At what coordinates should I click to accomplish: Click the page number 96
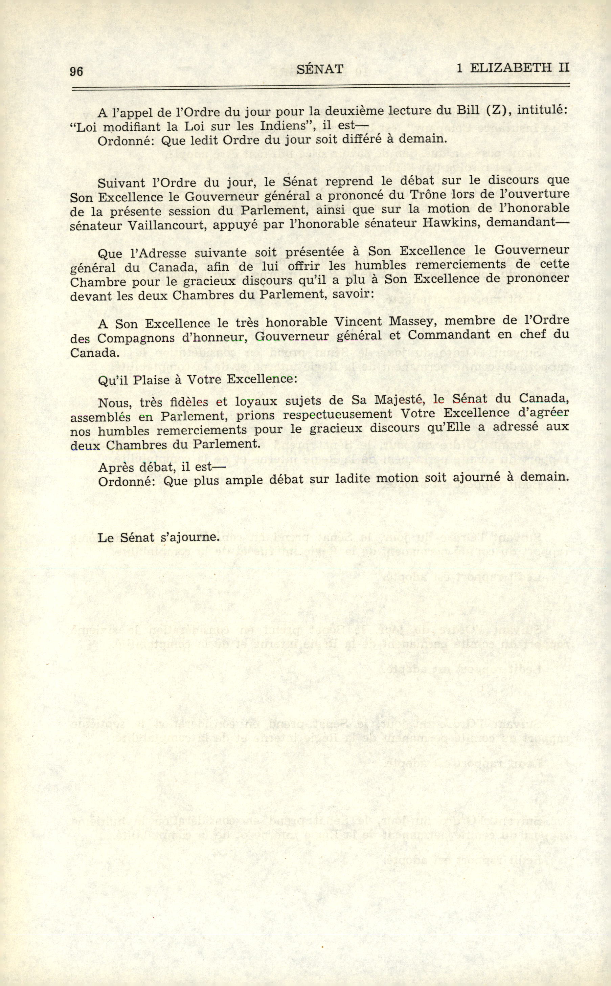pyautogui.click(x=76, y=71)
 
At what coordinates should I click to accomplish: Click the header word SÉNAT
pyautogui.click(x=320, y=69)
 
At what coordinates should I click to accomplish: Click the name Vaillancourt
pyautogui.click(x=167, y=225)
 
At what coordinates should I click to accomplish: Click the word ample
pyautogui.click(x=242, y=480)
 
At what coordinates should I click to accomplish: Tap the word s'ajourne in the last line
pyautogui.click(x=189, y=537)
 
